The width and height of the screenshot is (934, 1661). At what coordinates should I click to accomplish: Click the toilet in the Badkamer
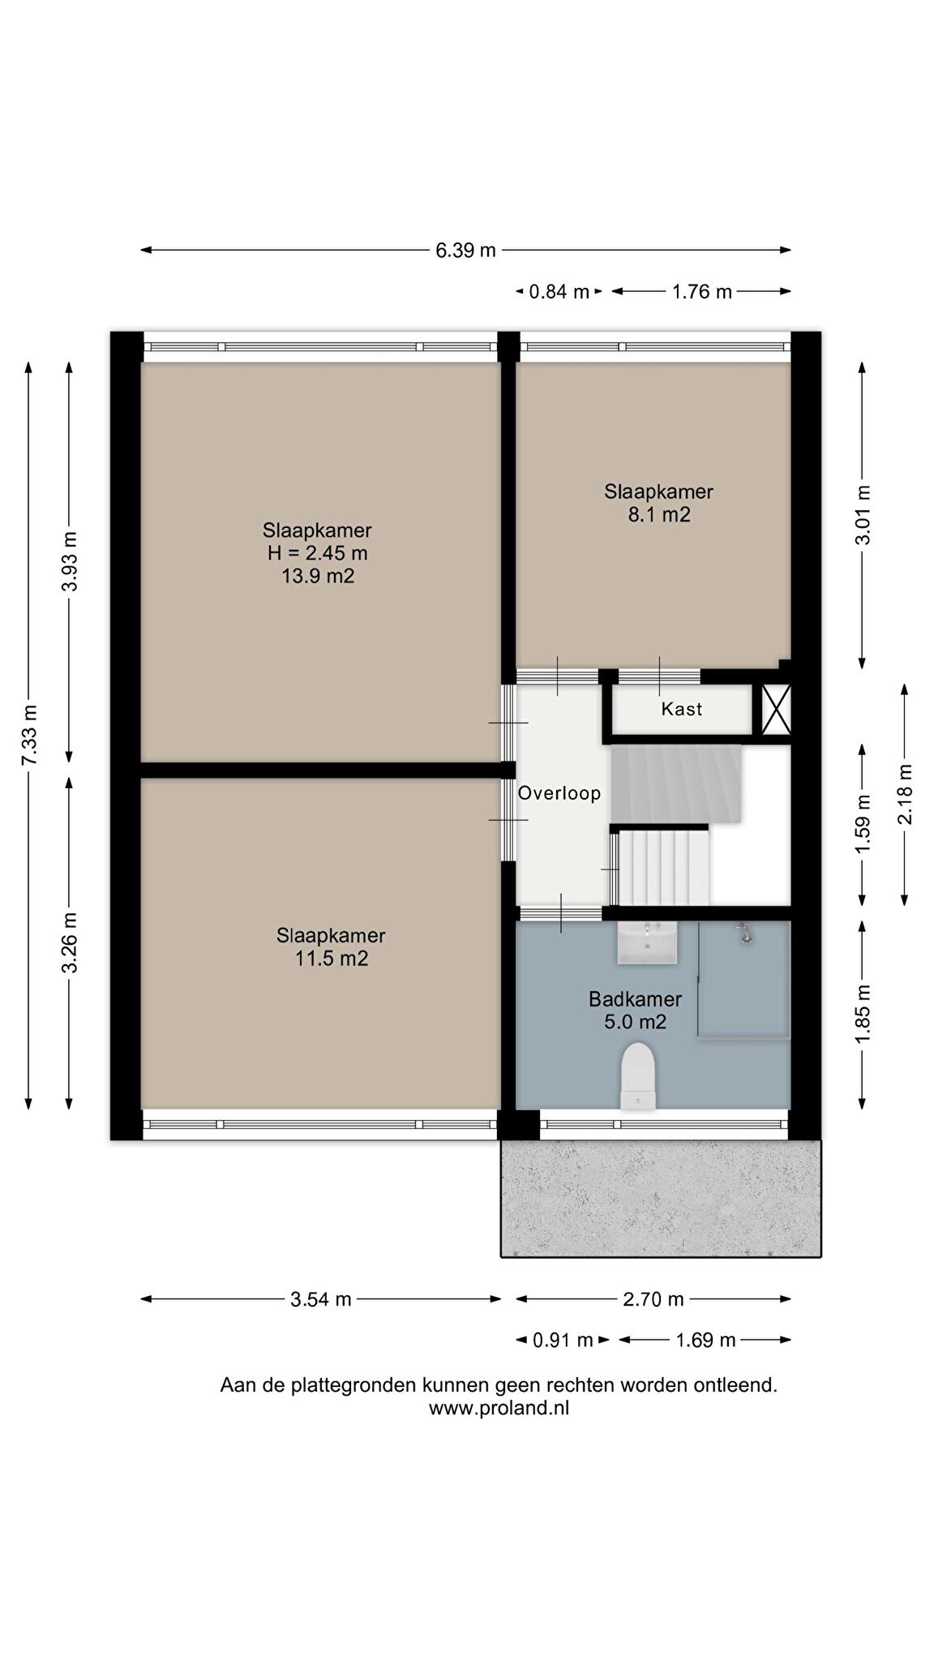tap(638, 1076)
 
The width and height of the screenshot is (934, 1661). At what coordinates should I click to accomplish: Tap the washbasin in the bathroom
tap(647, 942)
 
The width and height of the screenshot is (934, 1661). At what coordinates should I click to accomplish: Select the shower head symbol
tap(745, 934)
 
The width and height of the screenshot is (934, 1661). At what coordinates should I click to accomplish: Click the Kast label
tap(682, 709)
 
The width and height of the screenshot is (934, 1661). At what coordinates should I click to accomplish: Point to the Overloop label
tap(559, 793)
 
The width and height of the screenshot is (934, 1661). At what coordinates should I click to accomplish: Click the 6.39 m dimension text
tap(465, 250)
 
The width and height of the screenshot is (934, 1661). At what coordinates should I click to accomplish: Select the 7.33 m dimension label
tap(29, 735)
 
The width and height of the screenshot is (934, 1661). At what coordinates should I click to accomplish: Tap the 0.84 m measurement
tap(559, 292)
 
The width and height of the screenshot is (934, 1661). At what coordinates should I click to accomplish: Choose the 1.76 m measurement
tap(702, 292)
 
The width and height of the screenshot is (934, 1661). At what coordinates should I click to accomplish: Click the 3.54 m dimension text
tap(321, 1299)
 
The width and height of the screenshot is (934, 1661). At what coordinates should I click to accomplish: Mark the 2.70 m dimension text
tap(653, 1299)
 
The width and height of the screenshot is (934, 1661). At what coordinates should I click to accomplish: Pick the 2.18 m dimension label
tap(905, 795)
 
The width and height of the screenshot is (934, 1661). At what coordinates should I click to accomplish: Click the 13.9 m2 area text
tap(317, 577)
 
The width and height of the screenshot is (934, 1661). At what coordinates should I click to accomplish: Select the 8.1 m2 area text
tap(659, 515)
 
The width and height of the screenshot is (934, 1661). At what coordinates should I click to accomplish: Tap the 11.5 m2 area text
tap(331, 959)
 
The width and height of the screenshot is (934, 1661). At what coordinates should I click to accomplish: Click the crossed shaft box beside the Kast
tap(776, 710)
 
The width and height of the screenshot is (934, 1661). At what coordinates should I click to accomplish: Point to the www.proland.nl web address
tap(499, 1409)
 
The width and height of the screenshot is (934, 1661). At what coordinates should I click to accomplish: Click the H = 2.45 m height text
tap(318, 554)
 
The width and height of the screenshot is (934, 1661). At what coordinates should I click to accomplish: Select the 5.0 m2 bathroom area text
tap(635, 1022)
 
